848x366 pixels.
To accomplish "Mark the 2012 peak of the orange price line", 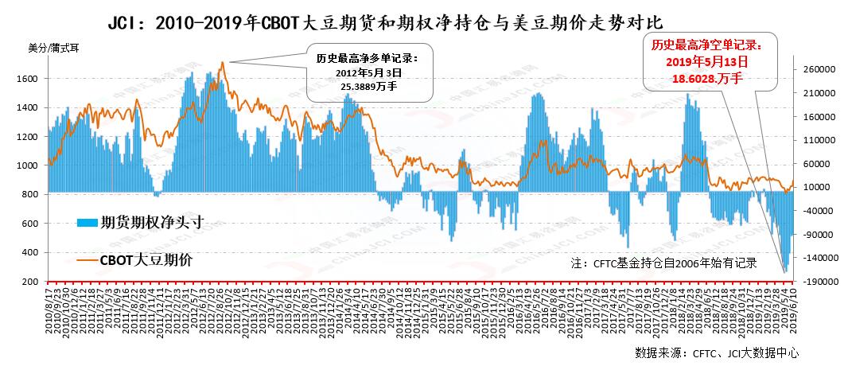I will [223, 62].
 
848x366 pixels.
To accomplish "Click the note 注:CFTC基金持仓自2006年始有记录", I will [663, 263].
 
